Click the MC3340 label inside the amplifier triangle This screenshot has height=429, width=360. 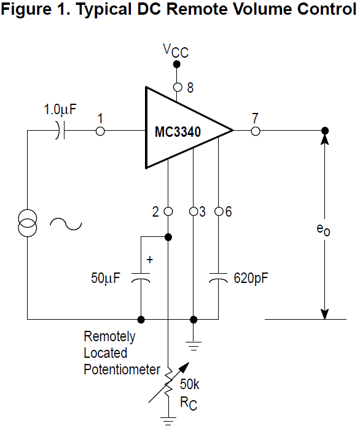(178, 131)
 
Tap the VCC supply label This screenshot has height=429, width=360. (176, 51)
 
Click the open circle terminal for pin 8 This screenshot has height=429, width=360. (178, 87)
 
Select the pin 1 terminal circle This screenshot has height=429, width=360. (100, 131)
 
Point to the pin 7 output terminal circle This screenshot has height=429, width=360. (256, 131)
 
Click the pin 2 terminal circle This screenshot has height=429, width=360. (168, 212)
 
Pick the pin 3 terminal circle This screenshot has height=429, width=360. (194, 212)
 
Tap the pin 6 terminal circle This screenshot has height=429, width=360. (219, 212)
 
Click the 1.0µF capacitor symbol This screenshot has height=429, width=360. (60, 131)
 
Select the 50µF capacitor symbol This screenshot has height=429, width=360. (141, 277)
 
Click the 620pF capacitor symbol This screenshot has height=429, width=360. (219, 277)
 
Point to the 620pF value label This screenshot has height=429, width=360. (251, 279)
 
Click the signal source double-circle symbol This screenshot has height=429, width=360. (28, 223)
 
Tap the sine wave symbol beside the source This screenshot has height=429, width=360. (66, 224)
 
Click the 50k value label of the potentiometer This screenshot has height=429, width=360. (189, 384)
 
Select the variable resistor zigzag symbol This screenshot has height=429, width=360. (168, 383)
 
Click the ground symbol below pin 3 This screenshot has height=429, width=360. (194, 346)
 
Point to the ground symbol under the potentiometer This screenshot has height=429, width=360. (168, 421)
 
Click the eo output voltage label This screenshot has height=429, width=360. (323, 230)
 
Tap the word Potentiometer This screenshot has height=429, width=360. (122, 369)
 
